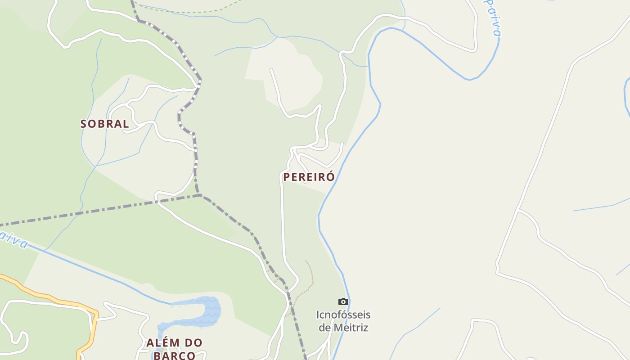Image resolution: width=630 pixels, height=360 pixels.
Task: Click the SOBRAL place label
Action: [x=104, y=124]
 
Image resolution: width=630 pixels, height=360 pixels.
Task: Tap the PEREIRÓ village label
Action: [x=309, y=177]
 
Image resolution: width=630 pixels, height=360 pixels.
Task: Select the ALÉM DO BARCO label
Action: [x=174, y=349]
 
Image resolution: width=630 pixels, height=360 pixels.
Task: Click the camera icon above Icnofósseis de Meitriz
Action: [x=343, y=301]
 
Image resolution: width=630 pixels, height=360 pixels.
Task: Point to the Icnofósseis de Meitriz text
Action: [x=343, y=321]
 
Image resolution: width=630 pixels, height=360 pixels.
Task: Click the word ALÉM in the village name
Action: [x=161, y=343]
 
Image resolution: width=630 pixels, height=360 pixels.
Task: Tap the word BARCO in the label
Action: [x=174, y=355]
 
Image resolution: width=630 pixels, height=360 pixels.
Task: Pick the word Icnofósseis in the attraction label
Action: [x=343, y=315]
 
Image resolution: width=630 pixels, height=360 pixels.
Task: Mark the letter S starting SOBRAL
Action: [x=84, y=124]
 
